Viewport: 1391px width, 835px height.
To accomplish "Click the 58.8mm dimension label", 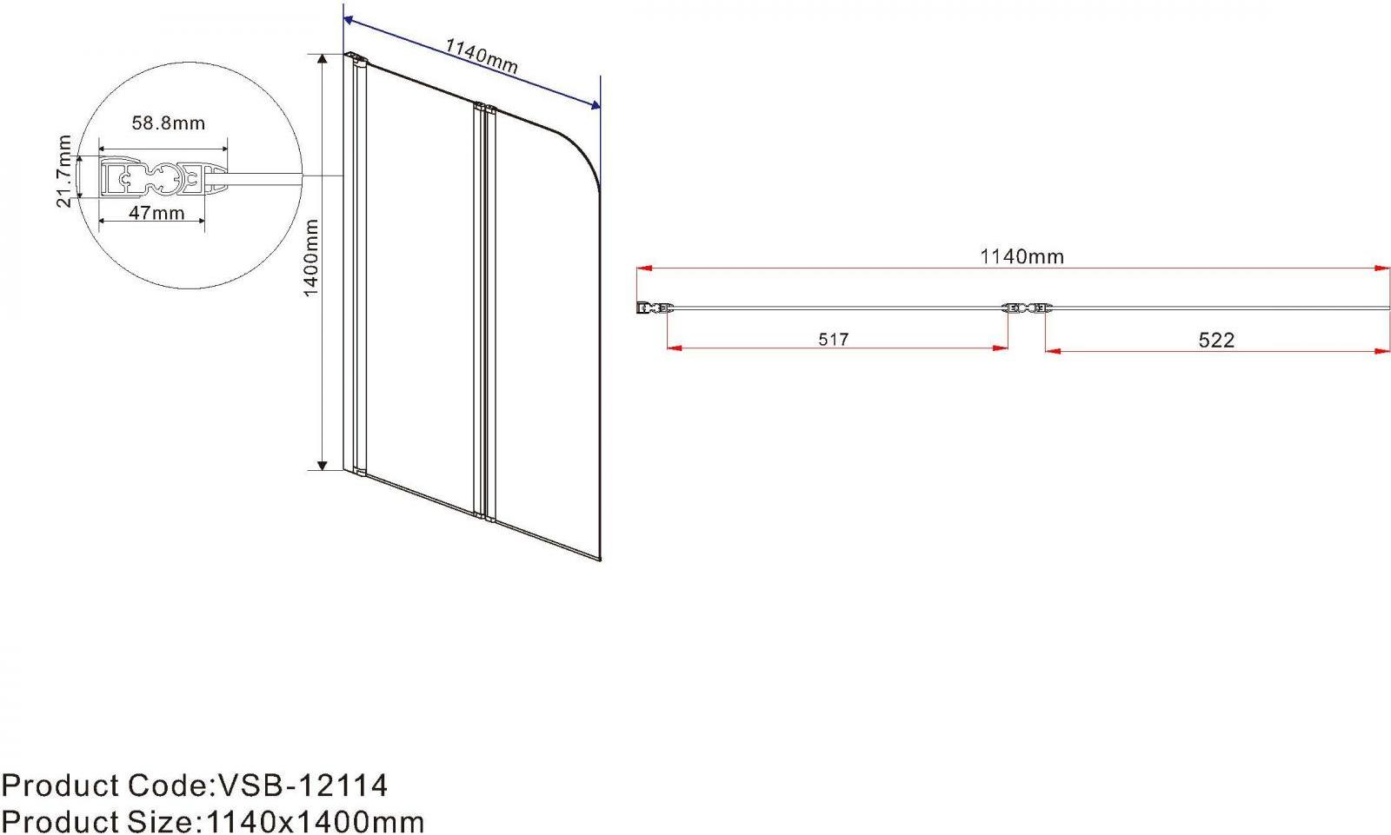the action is click(x=169, y=123).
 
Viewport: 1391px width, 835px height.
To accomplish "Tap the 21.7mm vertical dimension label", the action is click(x=64, y=170).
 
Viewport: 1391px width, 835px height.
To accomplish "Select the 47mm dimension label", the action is click(x=156, y=213).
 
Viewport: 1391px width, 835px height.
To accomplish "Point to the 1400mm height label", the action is click(x=310, y=258).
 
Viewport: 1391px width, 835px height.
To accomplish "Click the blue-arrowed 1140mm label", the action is click(x=482, y=56).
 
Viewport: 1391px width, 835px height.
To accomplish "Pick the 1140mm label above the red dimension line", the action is click(x=1022, y=256).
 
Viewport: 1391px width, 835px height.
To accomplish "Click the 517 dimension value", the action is click(x=834, y=339).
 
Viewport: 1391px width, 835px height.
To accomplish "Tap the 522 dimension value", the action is click(x=1216, y=340).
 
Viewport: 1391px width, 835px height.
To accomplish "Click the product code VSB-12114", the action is click(x=303, y=786).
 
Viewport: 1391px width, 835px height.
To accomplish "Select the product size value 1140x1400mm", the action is click(x=315, y=822).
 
